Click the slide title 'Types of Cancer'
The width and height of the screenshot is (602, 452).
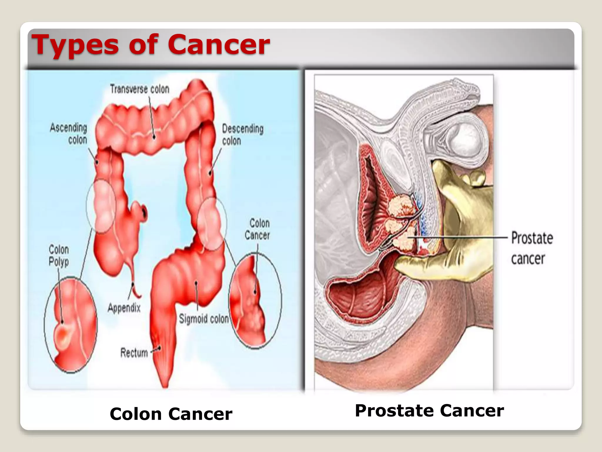(x=150, y=45)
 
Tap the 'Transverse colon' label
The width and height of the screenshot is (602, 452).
(x=140, y=89)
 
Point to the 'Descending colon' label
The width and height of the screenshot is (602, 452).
(x=242, y=135)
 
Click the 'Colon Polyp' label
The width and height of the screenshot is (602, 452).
(x=59, y=255)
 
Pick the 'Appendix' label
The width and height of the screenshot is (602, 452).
(x=124, y=308)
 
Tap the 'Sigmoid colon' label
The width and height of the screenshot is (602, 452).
(x=204, y=319)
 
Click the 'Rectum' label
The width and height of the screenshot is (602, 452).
(x=134, y=353)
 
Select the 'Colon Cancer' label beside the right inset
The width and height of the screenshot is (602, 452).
(x=257, y=229)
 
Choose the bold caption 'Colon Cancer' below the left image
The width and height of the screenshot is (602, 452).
(x=171, y=414)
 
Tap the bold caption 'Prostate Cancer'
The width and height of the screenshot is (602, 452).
(x=429, y=411)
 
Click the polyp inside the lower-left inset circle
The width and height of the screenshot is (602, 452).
(x=62, y=335)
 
